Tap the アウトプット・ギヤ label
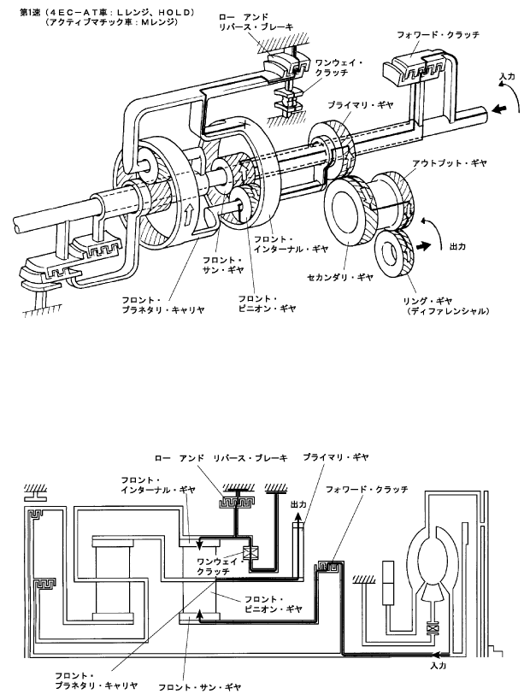448,163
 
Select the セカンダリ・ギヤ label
340,277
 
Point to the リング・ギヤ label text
427,301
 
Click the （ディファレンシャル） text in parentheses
447,311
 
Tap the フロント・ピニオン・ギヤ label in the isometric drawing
267,303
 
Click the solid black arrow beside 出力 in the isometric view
424,245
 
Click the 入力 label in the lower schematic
438,666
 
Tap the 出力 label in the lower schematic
298,504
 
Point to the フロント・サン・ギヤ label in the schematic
200,687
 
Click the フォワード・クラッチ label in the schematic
367,489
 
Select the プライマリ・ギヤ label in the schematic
336,457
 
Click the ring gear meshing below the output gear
394,253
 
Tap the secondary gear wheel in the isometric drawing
348,211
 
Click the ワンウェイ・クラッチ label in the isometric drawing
339,68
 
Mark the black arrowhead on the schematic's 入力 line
437,655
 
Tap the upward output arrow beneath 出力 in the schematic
297,519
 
